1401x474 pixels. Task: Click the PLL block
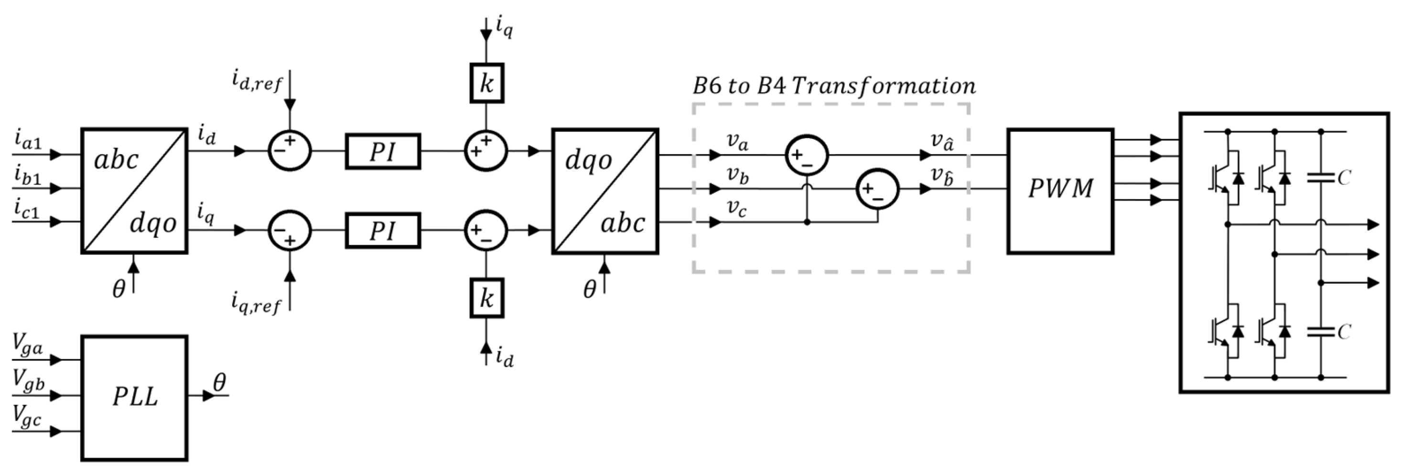click(x=134, y=398)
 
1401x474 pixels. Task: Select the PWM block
click(x=1060, y=190)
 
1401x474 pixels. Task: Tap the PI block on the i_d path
click(x=382, y=152)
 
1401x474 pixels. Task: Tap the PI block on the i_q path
click(x=382, y=231)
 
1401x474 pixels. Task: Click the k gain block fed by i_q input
click(x=486, y=83)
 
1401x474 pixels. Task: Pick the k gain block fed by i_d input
click(x=486, y=298)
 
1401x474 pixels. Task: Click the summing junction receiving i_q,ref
click(x=290, y=231)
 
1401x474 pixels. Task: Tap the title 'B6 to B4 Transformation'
click(x=834, y=86)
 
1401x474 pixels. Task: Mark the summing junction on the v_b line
click(x=877, y=189)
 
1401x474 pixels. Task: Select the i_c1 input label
click(x=27, y=209)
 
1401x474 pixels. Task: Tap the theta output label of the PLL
click(x=219, y=383)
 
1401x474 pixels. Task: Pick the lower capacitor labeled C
click(x=1321, y=332)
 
